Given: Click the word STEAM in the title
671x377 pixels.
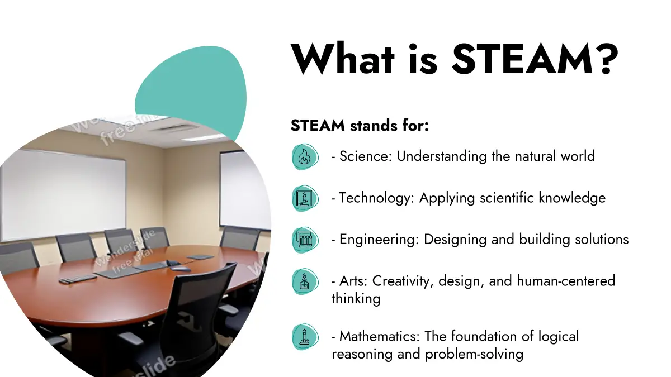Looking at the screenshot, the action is pos(522,59).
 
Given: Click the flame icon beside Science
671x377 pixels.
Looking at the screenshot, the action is pos(305,157).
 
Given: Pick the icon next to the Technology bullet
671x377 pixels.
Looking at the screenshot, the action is pos(305,198).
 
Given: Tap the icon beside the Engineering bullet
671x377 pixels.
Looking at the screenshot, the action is pos(305,240).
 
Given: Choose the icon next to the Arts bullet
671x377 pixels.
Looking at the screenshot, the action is pos(305,281).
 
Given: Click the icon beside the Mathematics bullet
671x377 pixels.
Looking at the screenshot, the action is pos(305,337).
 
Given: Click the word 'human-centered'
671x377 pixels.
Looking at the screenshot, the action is pos(566,281).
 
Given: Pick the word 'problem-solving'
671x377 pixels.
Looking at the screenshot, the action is pos(474,355).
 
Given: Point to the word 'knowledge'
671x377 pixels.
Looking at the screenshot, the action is pos(572,198).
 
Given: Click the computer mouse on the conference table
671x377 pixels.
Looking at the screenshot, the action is pos(181,269).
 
